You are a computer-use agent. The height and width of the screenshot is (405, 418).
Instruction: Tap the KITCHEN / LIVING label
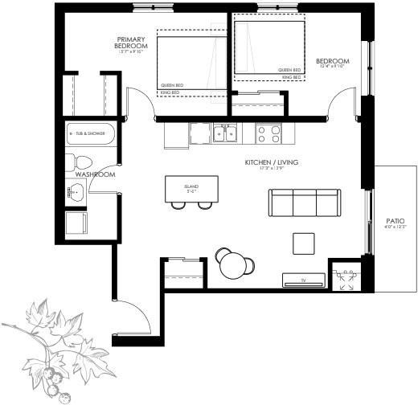(x=272, y=162)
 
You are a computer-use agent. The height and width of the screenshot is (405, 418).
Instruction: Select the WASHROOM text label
(x=95, y=174)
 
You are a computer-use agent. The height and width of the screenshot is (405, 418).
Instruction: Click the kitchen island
(x=192, y=189)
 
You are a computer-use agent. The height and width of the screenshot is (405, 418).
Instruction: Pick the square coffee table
(x=304, y=243)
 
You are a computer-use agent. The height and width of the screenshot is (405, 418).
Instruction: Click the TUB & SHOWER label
(x=90, y=133)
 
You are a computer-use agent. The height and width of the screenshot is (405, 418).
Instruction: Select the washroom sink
(x=76, y=192)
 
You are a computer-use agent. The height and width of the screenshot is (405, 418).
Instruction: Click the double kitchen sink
(x=224, y=133)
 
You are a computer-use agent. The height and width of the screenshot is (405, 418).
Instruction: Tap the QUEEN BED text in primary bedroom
(x=171, y=85)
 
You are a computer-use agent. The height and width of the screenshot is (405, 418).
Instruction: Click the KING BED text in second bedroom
(x=290, y=77)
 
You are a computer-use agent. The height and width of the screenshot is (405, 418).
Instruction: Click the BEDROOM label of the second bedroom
(x=332, y=62)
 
